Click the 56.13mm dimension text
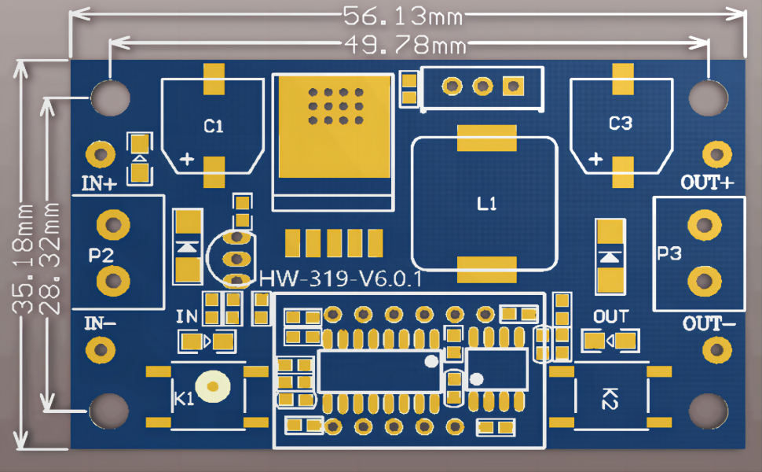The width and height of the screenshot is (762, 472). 403,16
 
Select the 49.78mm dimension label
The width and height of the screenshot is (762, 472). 405,45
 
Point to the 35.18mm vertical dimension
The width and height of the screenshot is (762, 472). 23,259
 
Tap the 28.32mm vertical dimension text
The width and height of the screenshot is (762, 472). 49,259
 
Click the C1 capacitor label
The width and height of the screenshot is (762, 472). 214,127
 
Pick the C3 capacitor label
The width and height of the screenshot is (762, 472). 621,124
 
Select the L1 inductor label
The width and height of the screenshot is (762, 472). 486,204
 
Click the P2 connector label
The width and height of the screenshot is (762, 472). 101,255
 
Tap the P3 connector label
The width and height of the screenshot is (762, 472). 669,253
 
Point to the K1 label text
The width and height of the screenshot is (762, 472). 184,399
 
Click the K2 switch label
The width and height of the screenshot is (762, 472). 610,399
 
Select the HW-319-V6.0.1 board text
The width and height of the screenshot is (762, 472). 341,278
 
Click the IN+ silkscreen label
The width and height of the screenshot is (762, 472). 99,183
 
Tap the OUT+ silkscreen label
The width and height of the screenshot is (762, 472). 707,183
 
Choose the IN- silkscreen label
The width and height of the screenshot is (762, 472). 100,323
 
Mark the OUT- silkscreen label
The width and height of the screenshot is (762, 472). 709,323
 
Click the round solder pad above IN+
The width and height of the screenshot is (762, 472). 101,155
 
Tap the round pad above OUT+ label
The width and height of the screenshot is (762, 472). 716,155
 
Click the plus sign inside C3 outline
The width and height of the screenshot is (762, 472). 595,159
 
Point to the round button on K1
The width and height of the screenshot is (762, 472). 212,386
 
